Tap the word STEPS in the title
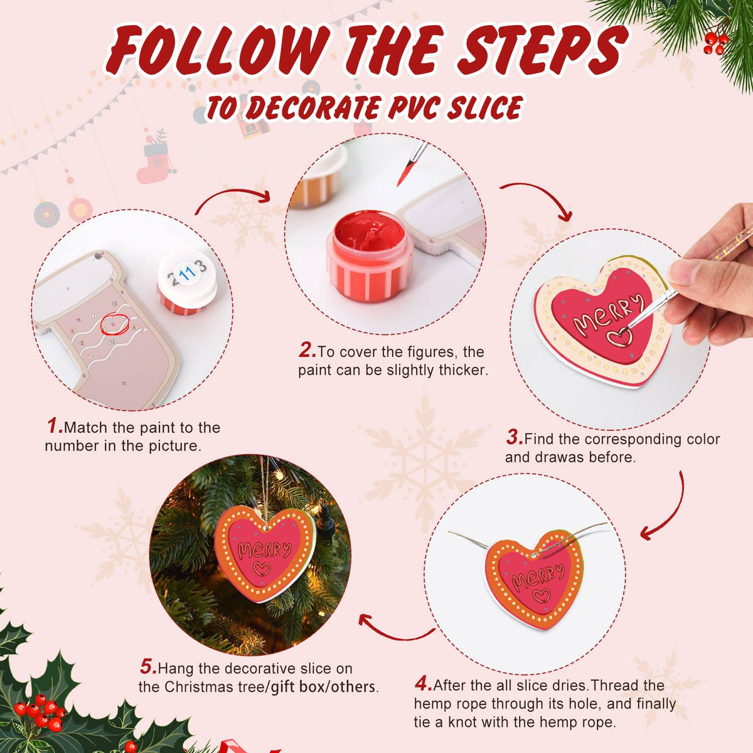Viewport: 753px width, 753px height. [543, 50]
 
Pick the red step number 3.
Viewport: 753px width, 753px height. [515, 437]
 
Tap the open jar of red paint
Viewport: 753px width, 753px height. [369, 256]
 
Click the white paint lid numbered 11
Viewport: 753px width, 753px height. [187, 274]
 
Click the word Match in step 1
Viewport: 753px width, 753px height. [85, 427]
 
